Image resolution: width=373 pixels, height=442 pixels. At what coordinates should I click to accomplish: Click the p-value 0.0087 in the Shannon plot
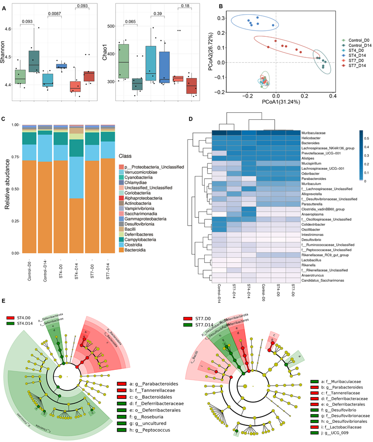point(53,13)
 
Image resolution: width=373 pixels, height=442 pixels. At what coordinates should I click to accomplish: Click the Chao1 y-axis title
point(104,52)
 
